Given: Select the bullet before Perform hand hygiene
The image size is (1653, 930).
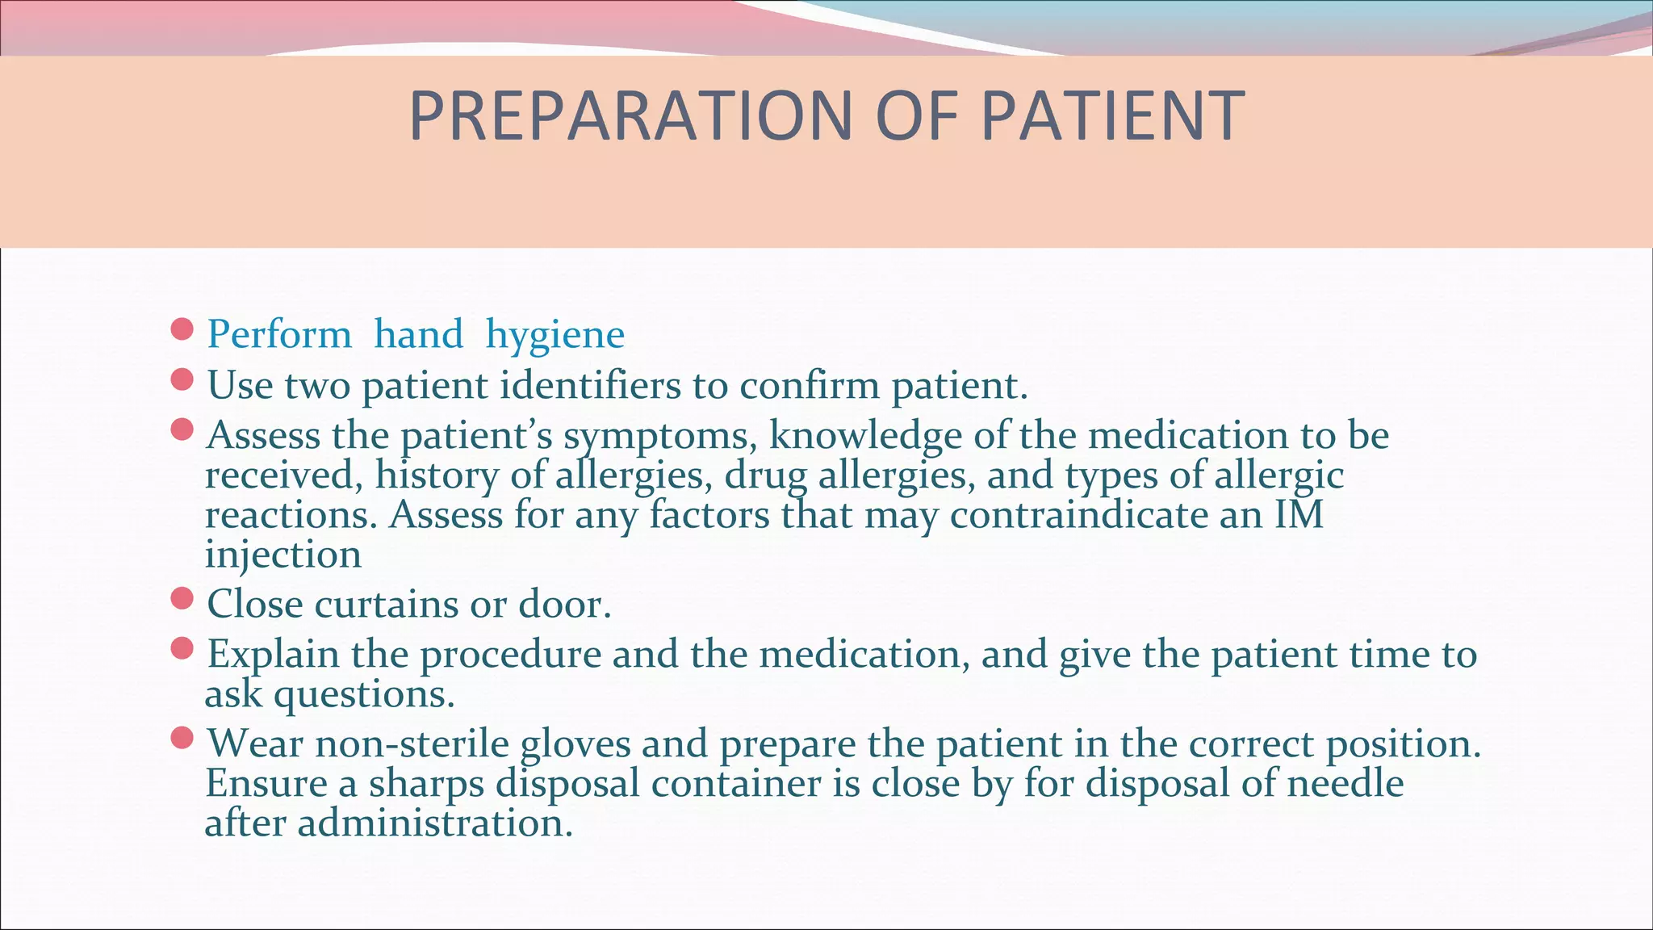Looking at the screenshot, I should (x=182, y=329).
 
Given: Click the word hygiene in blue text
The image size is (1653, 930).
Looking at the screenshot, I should (x=555, y=335).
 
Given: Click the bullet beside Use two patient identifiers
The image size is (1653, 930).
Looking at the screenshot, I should (x=182, y=379).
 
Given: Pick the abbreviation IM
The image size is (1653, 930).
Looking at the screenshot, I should (x=1299, y=515).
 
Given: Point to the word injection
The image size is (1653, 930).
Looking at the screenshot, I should (x=283, y=555).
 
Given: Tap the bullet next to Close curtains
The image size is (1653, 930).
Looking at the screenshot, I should (x=182, y=598).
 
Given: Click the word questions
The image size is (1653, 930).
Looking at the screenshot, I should (x=364, y=694).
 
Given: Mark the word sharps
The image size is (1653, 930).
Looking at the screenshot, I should (x=426, y=784).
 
